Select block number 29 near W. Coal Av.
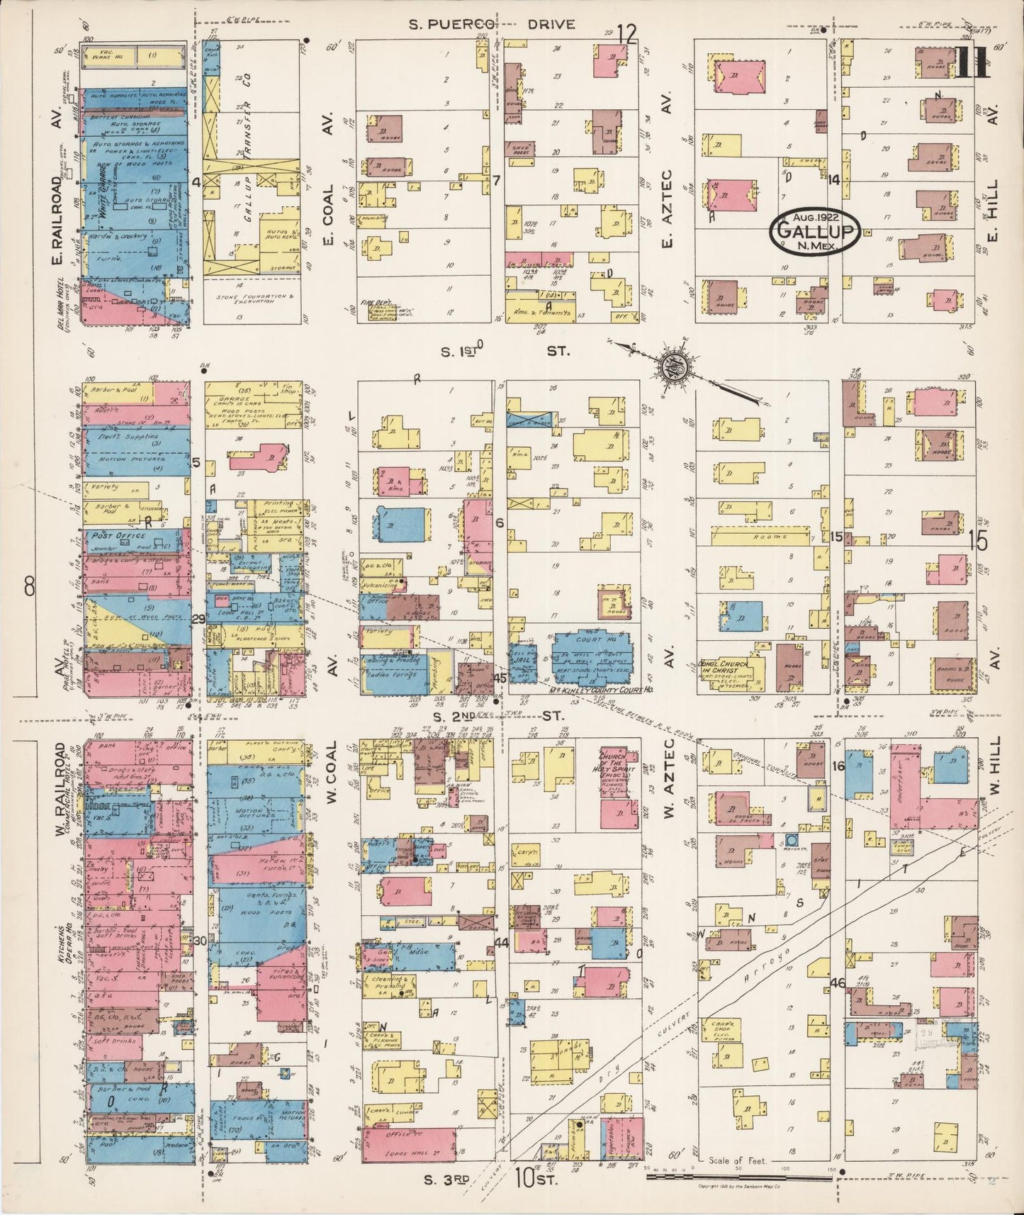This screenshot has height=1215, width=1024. [198, 619]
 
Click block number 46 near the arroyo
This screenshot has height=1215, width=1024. [838, 982]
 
